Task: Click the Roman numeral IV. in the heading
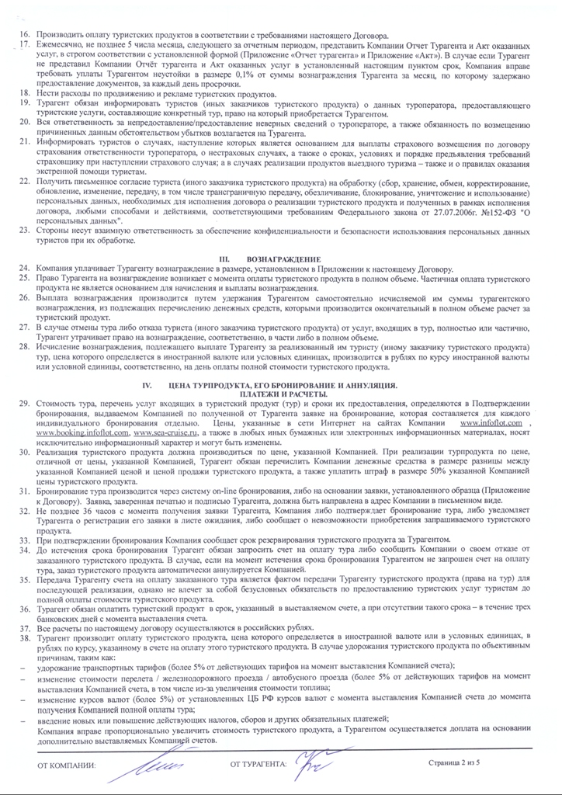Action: [143, 386]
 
